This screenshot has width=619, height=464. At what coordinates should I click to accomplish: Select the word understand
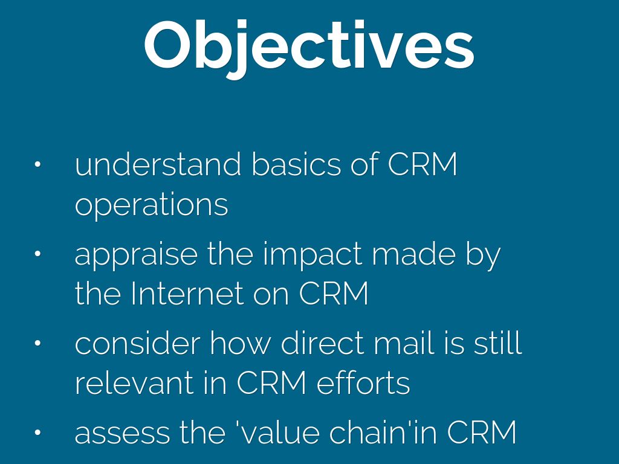tap(158, 164)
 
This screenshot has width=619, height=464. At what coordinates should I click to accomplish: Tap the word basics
tap(296, 164)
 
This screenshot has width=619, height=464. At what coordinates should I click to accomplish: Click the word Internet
tap(186, 293)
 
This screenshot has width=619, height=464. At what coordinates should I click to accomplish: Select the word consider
tap(137, 343)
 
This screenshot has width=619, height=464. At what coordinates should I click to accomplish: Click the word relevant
tap(134, 382)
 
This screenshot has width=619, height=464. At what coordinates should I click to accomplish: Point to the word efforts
tap(363, 382)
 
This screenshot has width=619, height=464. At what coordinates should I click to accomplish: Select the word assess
tap(122, 433)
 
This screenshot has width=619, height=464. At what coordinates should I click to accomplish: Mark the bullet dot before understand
tap(37, 164)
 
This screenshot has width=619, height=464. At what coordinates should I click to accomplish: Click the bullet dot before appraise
tap(37, 254)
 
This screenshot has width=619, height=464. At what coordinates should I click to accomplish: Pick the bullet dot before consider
tap(37, 343)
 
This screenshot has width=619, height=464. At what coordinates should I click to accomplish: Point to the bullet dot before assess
tap(37, 433)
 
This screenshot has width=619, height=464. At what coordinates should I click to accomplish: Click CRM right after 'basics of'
tap(423, 164)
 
